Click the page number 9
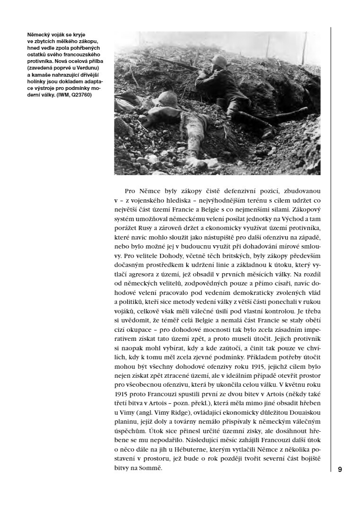(340, 469)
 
